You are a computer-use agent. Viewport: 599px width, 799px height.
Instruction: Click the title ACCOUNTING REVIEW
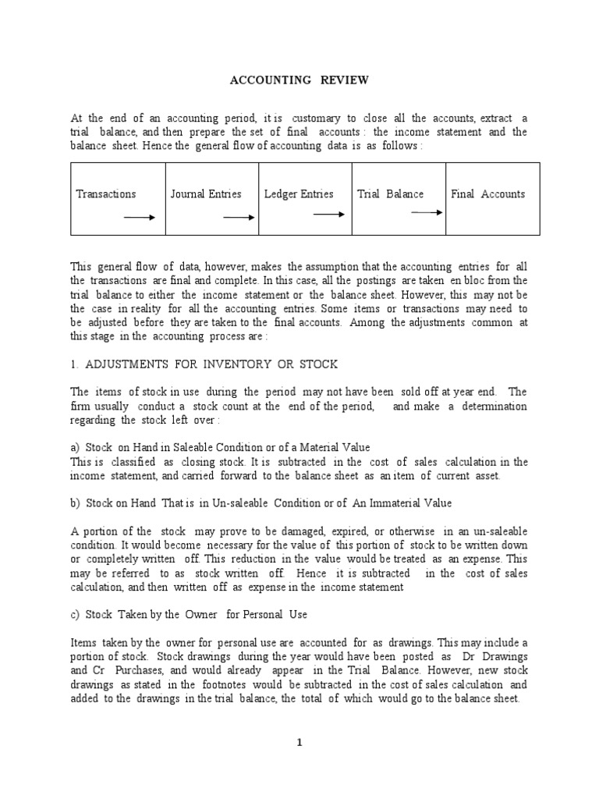[299, 80]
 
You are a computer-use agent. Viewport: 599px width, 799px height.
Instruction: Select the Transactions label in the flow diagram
[106, 194]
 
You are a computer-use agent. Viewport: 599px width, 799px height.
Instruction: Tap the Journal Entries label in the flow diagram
[206, 194]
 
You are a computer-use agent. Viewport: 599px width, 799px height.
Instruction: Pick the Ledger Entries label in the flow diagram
[299, 194]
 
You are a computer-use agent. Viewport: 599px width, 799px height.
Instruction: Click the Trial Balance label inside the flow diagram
[391, 194]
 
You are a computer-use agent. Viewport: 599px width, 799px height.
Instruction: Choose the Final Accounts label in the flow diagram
[487, 194]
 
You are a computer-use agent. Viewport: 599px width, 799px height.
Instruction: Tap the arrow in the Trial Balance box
[426, 211]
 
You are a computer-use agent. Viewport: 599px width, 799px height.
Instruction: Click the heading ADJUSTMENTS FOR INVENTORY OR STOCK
[204, 365]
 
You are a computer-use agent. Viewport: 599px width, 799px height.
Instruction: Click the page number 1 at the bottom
[299, 743]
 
